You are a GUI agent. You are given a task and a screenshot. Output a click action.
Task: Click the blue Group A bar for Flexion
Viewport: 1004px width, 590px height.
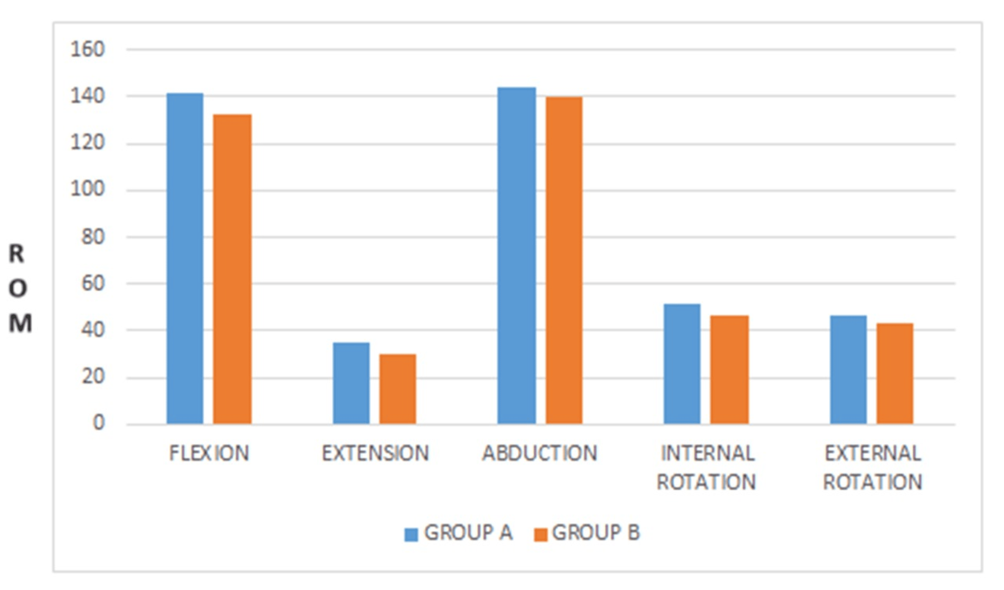(185, 259)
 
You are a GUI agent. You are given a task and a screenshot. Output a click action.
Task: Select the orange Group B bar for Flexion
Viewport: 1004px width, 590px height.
(232, 269)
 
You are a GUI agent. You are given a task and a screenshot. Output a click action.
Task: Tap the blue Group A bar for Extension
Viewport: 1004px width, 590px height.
(351, 383)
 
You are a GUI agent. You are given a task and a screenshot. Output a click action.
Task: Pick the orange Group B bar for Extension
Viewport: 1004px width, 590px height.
(398, 389)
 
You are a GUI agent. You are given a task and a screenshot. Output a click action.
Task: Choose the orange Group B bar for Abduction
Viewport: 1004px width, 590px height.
(564, 261)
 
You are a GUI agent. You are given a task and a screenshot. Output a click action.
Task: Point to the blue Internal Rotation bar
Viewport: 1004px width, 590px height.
(682, 364)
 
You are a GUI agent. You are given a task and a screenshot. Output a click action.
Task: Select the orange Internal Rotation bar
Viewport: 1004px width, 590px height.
(730, 370)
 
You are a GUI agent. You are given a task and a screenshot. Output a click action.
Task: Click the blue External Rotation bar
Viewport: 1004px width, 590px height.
(849, 370)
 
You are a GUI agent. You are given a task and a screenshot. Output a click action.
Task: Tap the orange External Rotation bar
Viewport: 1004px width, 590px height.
(895, 374)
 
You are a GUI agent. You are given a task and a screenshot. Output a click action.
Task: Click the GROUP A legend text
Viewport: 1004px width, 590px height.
(468, 533)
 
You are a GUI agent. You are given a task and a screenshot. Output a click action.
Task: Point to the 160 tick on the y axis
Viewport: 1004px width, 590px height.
(87, 50)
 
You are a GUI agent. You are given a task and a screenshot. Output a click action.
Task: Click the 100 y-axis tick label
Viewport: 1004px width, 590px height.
(87, 189)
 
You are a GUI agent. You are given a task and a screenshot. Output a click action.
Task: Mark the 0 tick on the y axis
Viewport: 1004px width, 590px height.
(98, 422)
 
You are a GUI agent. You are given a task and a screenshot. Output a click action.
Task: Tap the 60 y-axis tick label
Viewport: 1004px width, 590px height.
(92, 284)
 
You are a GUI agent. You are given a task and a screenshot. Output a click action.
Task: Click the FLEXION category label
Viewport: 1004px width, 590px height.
(209, 453)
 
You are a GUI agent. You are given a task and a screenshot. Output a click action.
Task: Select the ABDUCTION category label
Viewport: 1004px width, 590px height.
(540, 453)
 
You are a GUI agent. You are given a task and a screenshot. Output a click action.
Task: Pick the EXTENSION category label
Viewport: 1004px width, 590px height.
(375, 453)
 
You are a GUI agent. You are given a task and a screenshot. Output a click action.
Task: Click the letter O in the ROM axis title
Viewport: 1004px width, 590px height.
(18, 288)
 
